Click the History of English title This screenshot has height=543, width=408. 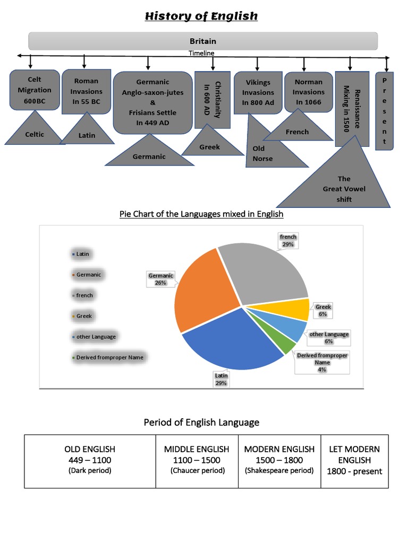(201, 16)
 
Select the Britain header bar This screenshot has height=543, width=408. (203, 41)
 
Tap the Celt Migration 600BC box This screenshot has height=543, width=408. (35, 90)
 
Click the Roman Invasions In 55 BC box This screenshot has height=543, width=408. (86, 91)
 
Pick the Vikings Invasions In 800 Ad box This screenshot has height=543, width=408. (258, 92)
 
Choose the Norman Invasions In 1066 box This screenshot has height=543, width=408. (309, 92)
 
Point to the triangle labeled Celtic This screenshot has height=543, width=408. (35, 132)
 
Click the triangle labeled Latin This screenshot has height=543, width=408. (87, 133)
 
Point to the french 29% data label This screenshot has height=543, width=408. (288, 240)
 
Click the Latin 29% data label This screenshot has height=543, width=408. (221, 379)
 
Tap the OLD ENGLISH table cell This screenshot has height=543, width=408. (90, 460)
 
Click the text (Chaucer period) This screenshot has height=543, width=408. (197, 470)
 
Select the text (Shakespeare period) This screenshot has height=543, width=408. (279, 470)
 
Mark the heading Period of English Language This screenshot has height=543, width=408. (201, 422)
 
